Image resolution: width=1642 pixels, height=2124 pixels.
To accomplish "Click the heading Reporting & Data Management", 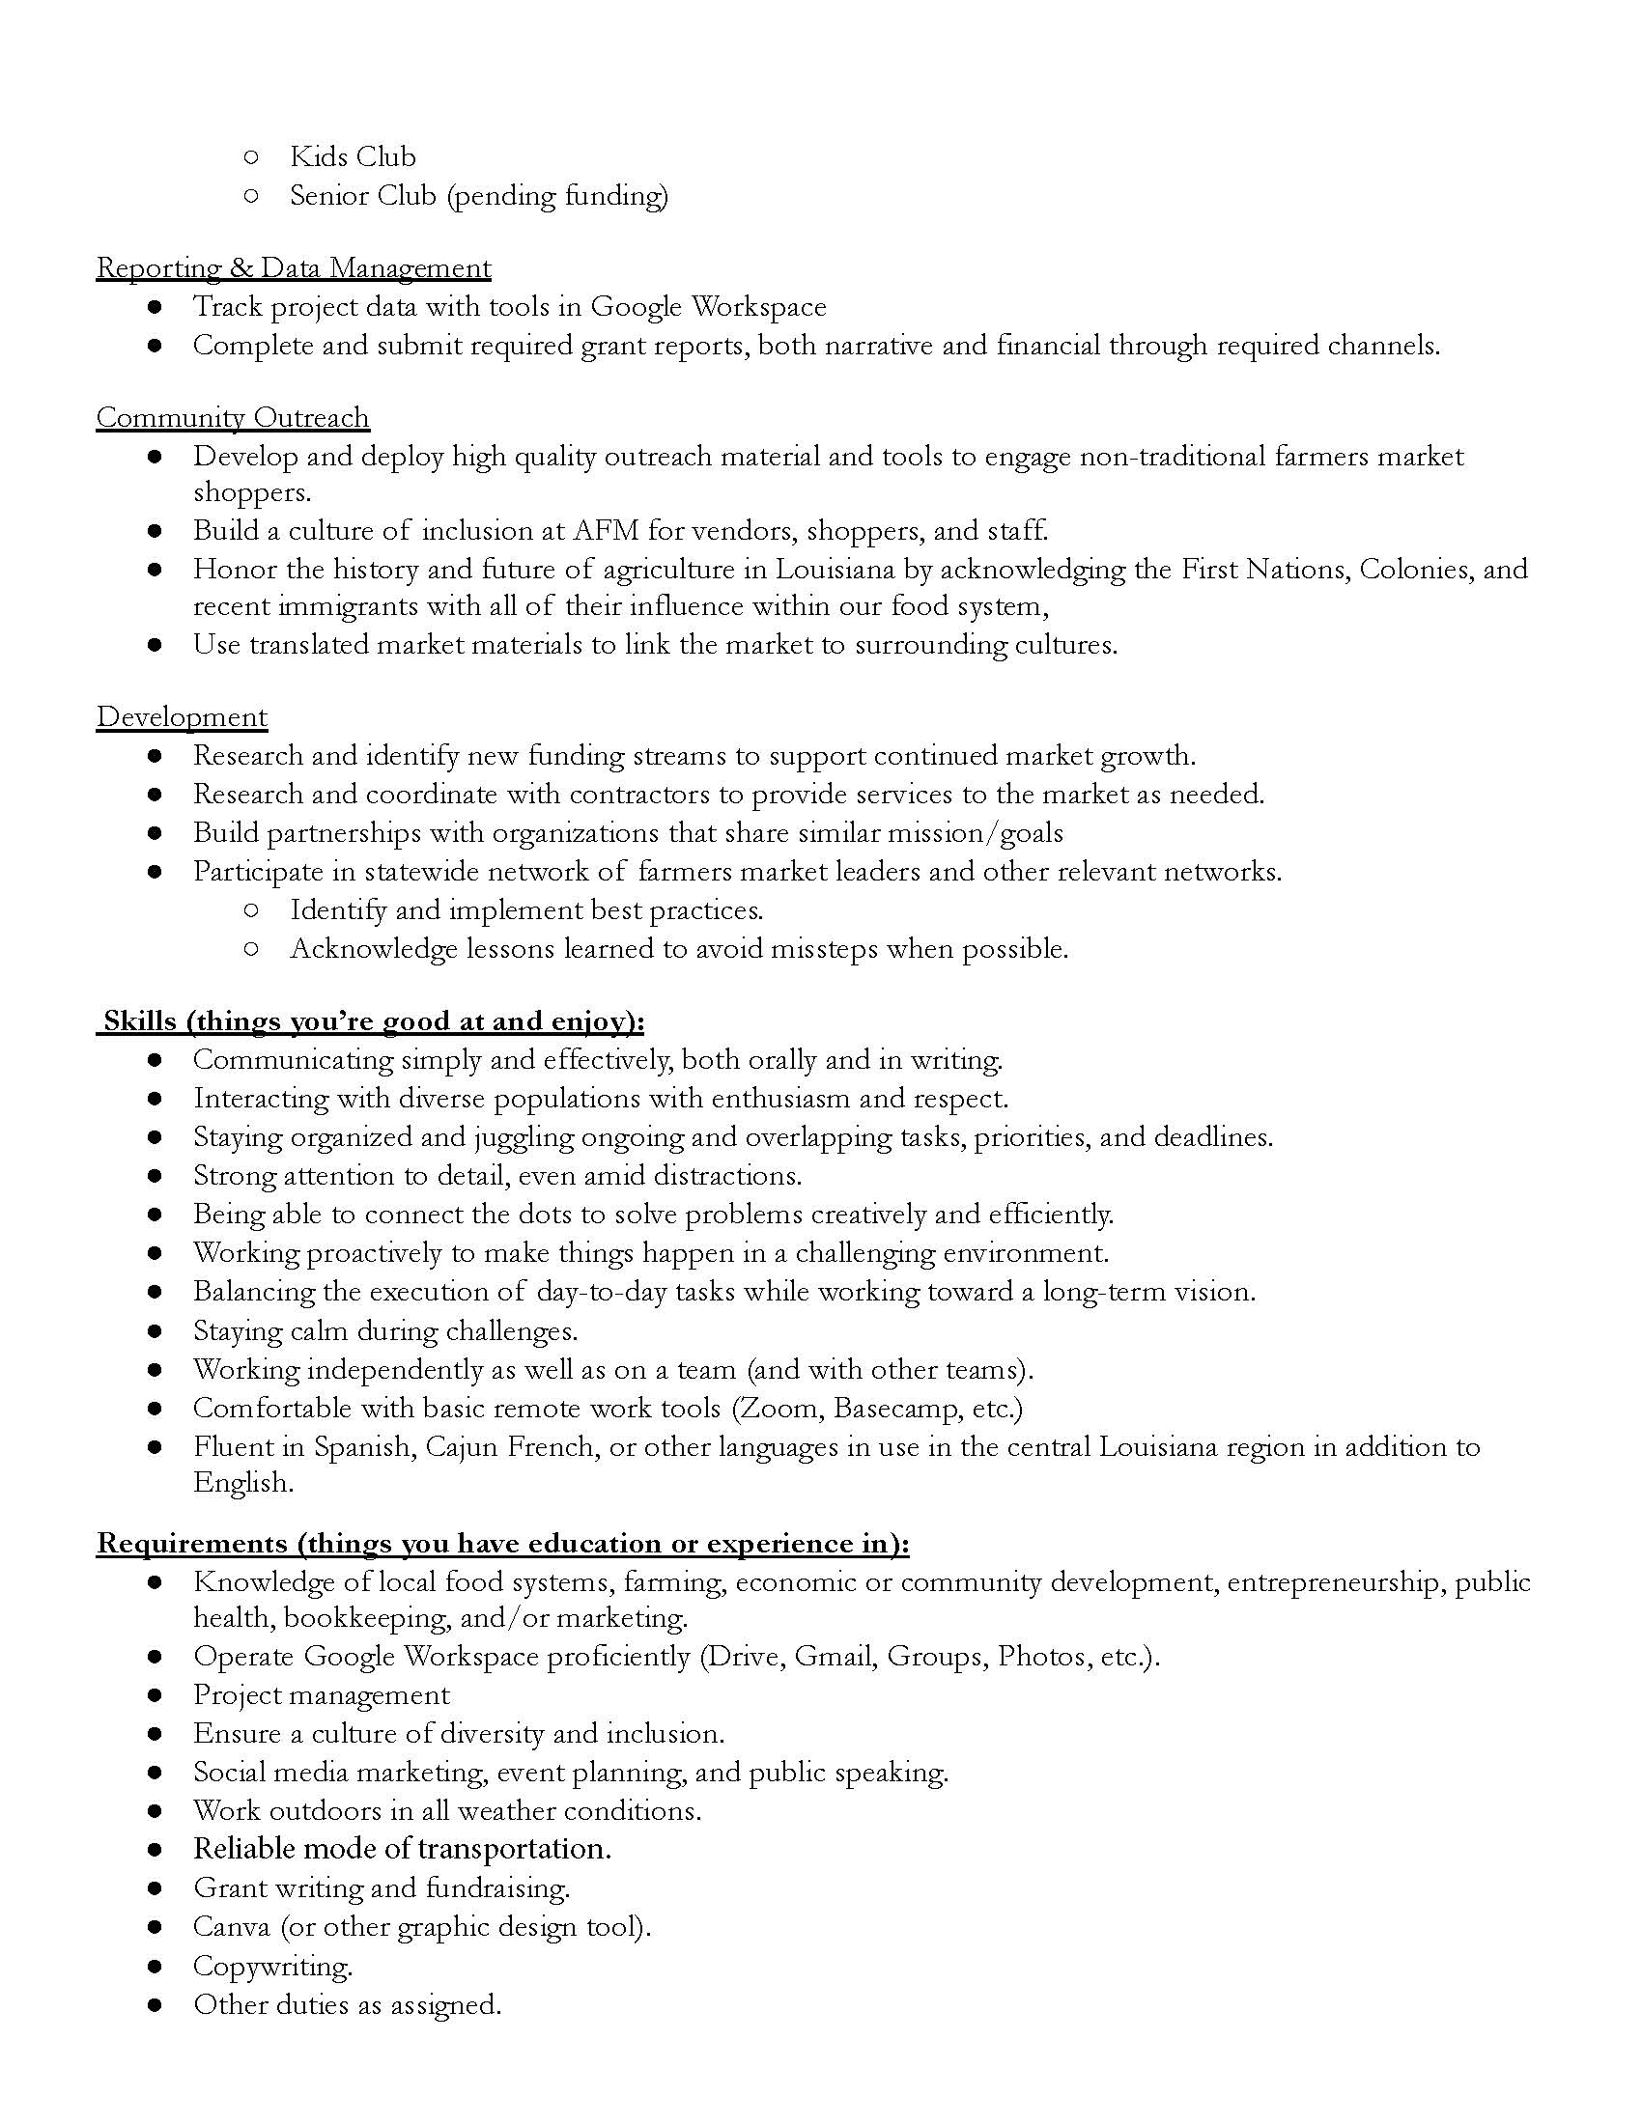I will pyautogui.click(x=293, y=267).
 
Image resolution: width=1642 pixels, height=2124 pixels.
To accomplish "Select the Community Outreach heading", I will pyautogui.click(x=233, y=417).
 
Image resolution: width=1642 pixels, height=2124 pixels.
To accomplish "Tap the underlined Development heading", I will pyautogui.click(x=181, y=716).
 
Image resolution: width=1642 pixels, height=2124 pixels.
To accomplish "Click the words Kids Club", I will pyautogui.click(x=353, y=156).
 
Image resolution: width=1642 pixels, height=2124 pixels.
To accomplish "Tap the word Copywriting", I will pyautogui.click(x=271, y=1966).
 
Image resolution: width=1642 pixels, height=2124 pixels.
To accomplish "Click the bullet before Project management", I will pyautogui.click(x=155, y=1695).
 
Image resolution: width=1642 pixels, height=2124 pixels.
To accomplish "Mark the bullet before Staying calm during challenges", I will pyautogui.click(x=155, y=1330).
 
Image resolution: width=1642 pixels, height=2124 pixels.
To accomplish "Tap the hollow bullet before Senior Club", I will pyautogui.click(x=251, y=195).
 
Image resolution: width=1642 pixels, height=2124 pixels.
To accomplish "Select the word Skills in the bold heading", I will pyautogui.click(x=140, y=1021).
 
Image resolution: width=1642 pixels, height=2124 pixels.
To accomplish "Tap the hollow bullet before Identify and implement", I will pyautogui.click(x=251, y=910).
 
